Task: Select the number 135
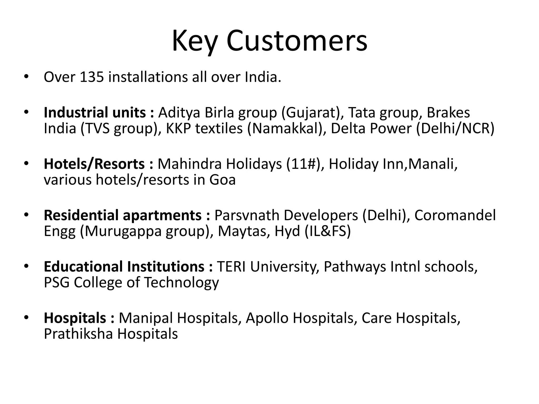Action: [x=92, y=77]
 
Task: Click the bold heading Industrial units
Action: [x=95, y=113]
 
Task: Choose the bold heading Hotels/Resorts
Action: [x=94, y=164]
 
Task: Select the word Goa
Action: [x=222, y=180]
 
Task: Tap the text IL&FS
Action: [x=328, y=231]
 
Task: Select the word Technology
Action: [x=181, y=283]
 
